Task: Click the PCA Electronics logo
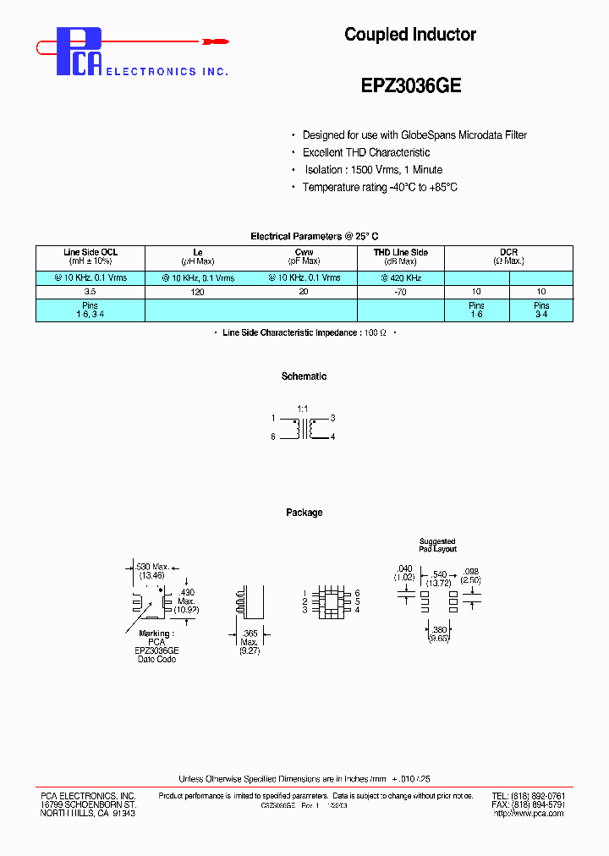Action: click(x=80, y=52)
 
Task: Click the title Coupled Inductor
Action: click(x=409, y=35)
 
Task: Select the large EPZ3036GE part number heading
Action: click(x=410, y=86)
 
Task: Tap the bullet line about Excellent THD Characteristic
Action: click(x=366, y=152)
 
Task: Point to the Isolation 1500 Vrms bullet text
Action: click(x=372, y=170)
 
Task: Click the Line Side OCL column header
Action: click(x=91, y=252)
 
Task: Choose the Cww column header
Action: click(x=304, y=252)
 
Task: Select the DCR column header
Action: click(x=508, y=252)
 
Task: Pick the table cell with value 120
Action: click(x=199, y=292)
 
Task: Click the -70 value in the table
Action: click(x=401, y=292)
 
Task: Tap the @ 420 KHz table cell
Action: click(x=401, y=277)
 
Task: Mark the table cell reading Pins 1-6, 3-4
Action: click(x=91, y=310)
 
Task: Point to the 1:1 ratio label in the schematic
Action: click(x=303, y=409)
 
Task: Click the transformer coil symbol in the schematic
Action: click(x=304, y=428)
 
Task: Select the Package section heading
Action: click(x=304, y=513)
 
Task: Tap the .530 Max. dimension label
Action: click(x=153, y=566)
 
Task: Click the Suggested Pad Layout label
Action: click(x=437, y=545)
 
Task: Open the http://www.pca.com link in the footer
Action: click(x=528, y=813)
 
